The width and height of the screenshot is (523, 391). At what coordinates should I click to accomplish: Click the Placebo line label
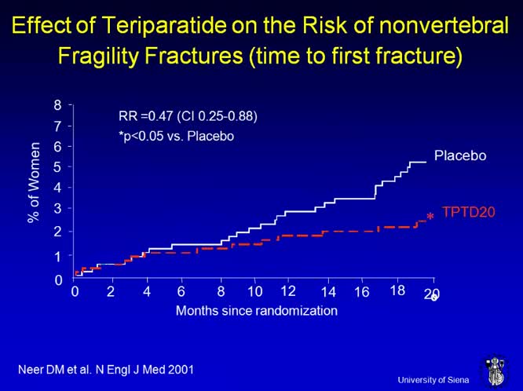pyautogui.click(x=461, y=155)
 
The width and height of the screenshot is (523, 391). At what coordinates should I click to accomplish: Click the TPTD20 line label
pyautogui.click(x=469, y=212)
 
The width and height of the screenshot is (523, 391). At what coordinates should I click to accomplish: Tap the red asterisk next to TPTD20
pyautogui.click(x=430, y=217)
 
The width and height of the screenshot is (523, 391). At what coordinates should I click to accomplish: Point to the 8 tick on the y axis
pyautogui.click(x=58, y=104)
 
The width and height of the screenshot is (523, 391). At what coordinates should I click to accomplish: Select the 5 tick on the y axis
pyautogui.click(x=58, y=166)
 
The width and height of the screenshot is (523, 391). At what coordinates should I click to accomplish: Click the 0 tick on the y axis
pyautogui.click(x=58, y=280)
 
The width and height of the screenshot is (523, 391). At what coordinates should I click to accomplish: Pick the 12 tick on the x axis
pyautogui.click(x=288, y=291)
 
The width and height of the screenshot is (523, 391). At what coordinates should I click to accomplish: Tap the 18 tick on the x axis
pyautogui.click(x=398, y=291)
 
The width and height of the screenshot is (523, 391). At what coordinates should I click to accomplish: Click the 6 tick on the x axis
pyautogui.click(x=181, y=292)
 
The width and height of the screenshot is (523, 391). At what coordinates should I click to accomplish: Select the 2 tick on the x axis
pyautogui.click(x=111, y=292)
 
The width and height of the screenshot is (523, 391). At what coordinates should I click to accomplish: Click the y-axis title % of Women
pyautogui.click(x=34, y=183)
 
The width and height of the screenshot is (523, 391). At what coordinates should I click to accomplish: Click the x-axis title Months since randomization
pyautogui.click(x=257, y=310)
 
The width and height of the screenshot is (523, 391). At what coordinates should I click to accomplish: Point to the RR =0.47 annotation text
pyautogui.click(x=182, y=117)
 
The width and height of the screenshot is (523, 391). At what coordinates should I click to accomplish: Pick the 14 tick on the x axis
pyautogui.click(x=328, y=292)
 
